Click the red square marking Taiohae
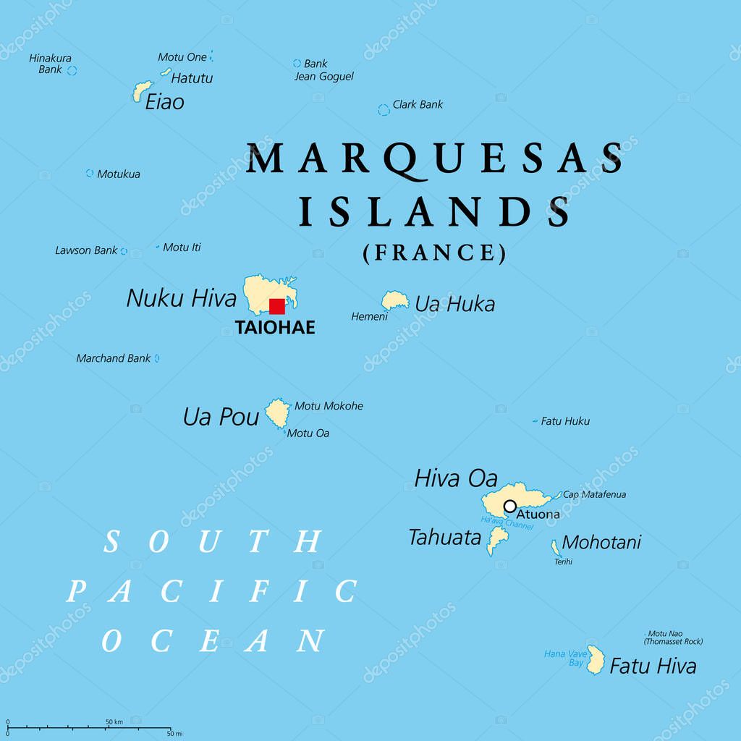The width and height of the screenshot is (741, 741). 276,306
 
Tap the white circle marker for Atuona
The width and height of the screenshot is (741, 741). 510,506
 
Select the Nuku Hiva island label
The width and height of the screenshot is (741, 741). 181,297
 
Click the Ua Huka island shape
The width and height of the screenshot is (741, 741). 394,300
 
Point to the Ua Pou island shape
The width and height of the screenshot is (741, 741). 277,413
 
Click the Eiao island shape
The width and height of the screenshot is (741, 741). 140,91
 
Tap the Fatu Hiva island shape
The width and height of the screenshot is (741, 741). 596,660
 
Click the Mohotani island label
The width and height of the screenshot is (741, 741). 601,542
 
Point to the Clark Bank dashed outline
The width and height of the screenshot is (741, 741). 384,110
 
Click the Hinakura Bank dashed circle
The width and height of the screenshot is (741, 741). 72,70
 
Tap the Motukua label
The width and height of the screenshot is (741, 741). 119,174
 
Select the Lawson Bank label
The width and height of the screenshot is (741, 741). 86,250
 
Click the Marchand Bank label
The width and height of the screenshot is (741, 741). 114,358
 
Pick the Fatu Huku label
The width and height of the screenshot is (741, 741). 565,420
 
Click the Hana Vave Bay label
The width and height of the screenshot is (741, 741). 564,658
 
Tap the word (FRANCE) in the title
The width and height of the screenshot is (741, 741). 434,252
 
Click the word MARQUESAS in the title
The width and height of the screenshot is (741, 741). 435,159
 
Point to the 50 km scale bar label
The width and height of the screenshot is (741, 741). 114,721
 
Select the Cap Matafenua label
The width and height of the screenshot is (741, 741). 594,494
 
